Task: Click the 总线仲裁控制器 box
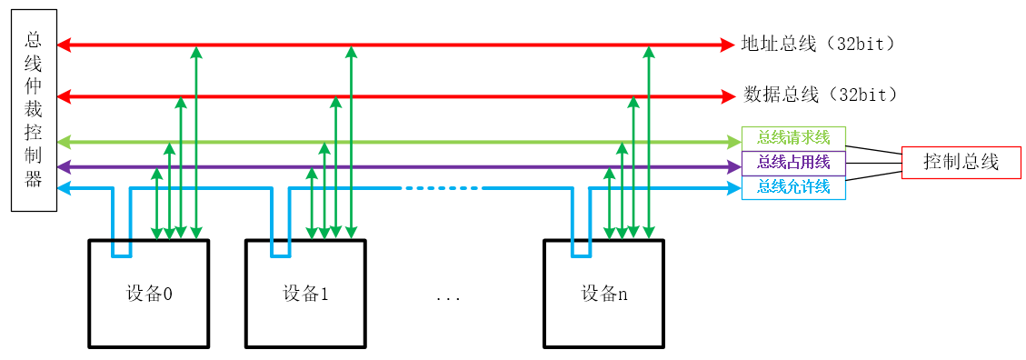pyautogui.click(x=34, y=110)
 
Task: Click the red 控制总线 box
pyautogui.click(x=961, y=163)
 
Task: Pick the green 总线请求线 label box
pyautogui.click(x=793, y=138)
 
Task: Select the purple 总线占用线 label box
pyautogui.click(x=793, y=163)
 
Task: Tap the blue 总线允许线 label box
pyautogui.click(x=793, y=187)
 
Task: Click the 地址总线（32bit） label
pyautogui.click(x=818, y=44)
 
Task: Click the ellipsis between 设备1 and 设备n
pyautogui.click(x=448, y=297)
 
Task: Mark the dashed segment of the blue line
pyautogui.click(x=442, y=188)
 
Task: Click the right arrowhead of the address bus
pyautogui.click(x=726, y=44)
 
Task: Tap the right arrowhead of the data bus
pyautogui.click(x=726, y=95)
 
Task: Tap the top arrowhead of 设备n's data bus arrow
pyautogui.click(x=633, y=103)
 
